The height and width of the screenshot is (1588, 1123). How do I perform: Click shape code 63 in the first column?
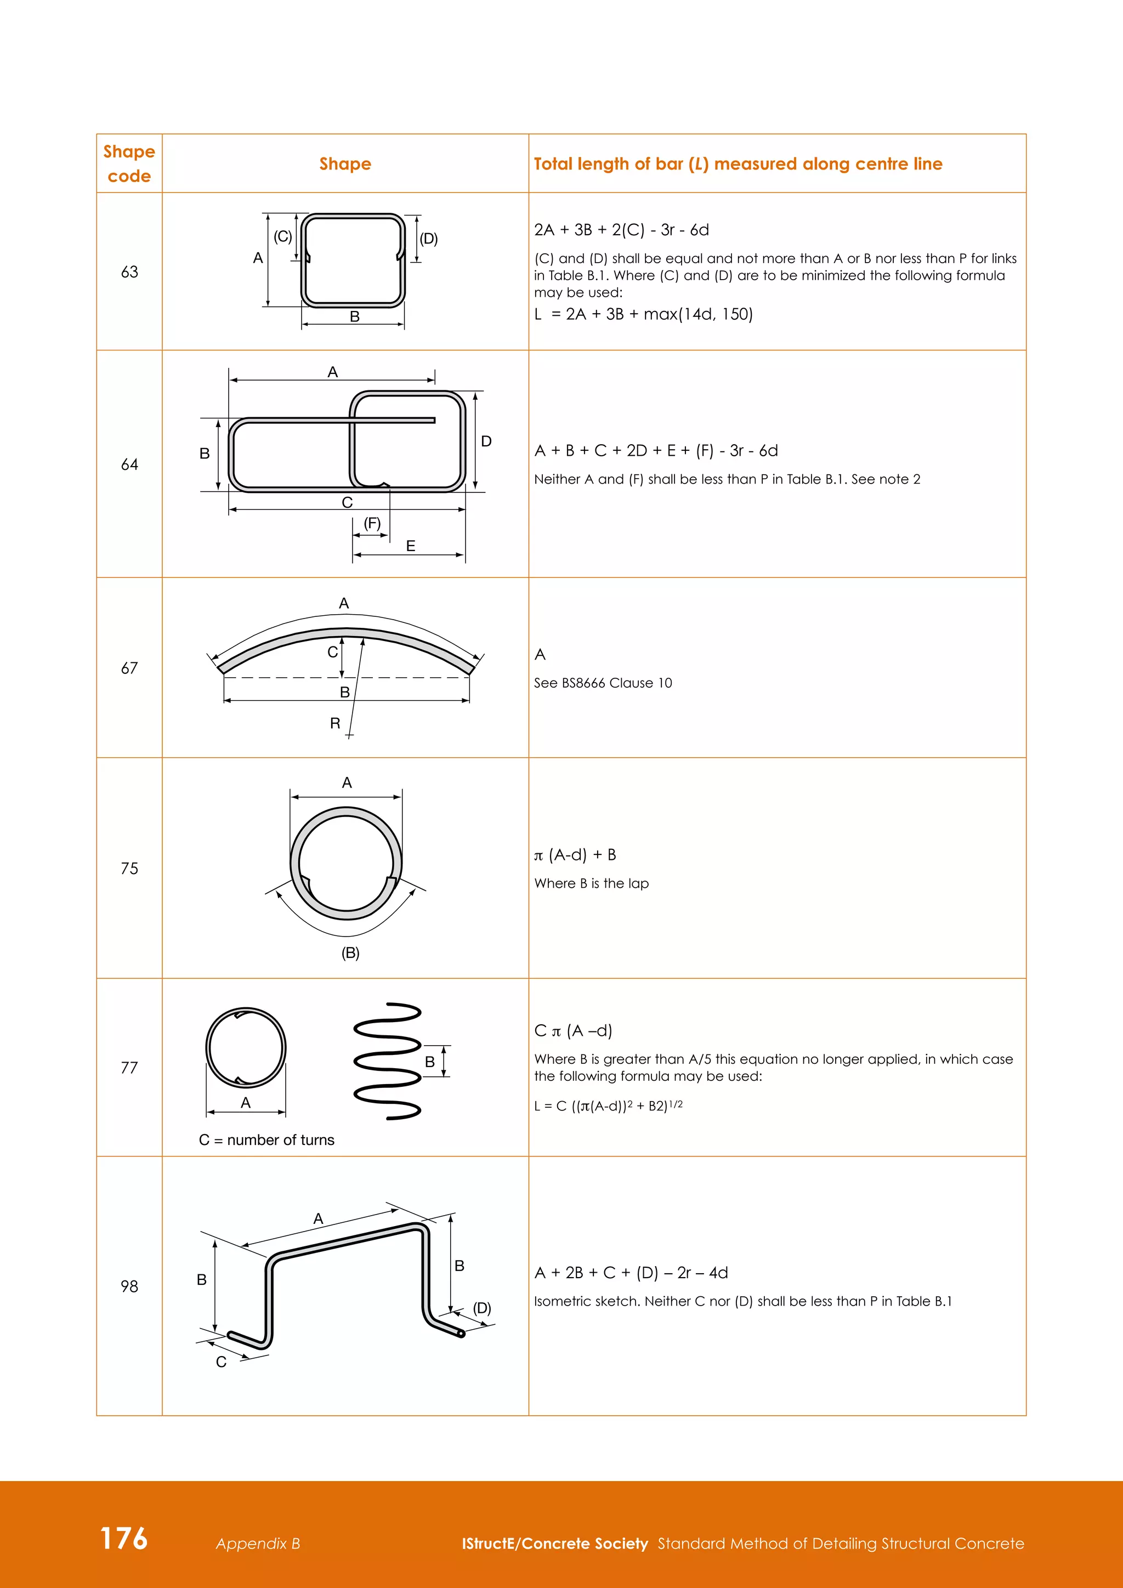click(x=129, y=272)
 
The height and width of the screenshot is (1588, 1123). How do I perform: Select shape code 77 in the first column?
click(x=129, y=1067)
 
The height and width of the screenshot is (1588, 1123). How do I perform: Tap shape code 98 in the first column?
click(x=129, y=1286)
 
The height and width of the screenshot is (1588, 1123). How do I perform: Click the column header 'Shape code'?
click(x=129, y=164)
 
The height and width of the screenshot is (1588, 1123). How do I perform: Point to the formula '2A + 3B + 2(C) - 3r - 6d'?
click(x=621, y=230)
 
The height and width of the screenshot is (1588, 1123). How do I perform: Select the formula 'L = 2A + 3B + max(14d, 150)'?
click(x=643, y=314)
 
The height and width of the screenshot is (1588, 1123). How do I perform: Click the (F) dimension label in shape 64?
click(x=372, y=524)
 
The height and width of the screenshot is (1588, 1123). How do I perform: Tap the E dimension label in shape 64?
click(x=411, y=546)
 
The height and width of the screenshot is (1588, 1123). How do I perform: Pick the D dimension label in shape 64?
click(x=486, y=441)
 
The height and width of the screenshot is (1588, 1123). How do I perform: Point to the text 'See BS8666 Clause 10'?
click(x=602, y=683)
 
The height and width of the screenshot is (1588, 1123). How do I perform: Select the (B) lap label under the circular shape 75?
click(x=350, y=953)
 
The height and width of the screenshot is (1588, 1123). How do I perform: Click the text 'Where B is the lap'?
click(x=591, y=883)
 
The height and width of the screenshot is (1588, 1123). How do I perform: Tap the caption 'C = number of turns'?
click(x=266, y=1140)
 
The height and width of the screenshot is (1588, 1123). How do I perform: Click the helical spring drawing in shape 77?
click(x=387, y=1061)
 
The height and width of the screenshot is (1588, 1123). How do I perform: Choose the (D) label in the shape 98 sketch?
click(x=482, y=1308)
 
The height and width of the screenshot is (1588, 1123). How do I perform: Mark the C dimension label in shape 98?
click(x=222, y=1362)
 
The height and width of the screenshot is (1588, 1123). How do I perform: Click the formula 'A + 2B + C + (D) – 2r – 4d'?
click(x=631, y=1273)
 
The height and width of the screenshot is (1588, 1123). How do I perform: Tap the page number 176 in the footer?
click(x=124, y=1538)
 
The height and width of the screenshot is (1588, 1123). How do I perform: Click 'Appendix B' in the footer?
click(x=258, y=1544)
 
